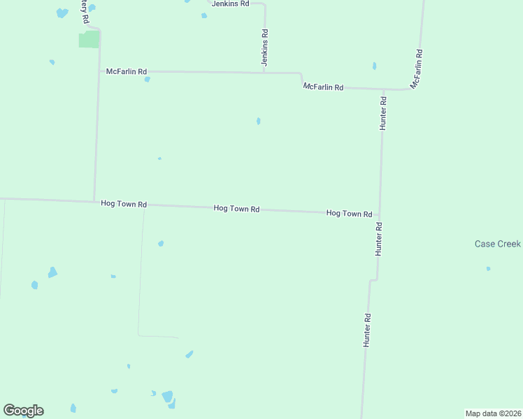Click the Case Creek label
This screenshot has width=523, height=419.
coord(498,244)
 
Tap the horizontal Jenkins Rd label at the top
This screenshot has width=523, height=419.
coord(231,3)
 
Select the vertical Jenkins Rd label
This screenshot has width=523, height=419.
coord(265,47)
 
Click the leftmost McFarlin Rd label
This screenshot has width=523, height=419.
coord(127,71)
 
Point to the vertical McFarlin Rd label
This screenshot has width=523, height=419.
coord(417,68)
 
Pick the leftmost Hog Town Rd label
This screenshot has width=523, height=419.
coord(124,204)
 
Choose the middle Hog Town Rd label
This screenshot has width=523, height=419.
coord(236,209)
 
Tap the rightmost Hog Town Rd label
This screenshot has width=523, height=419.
coord(349,213)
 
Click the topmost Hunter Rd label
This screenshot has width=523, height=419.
coord(383,110)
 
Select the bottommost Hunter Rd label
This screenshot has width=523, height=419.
coord(366,330)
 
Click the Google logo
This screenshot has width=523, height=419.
coord(24,411)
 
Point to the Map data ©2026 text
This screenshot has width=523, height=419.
coord(493,413)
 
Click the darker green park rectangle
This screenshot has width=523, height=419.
coord(89,39)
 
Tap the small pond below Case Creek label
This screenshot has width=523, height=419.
coord(488,268)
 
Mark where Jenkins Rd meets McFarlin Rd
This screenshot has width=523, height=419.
coord(264,72)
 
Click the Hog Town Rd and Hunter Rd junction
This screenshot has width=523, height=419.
coord(380,215)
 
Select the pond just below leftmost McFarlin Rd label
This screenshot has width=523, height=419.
coord(147,80)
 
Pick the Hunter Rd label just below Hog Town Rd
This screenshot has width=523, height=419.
coord(378,239)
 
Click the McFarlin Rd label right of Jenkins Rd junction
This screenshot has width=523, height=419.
coord(323,87)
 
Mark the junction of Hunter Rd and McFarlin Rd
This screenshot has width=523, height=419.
coord(383,89)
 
